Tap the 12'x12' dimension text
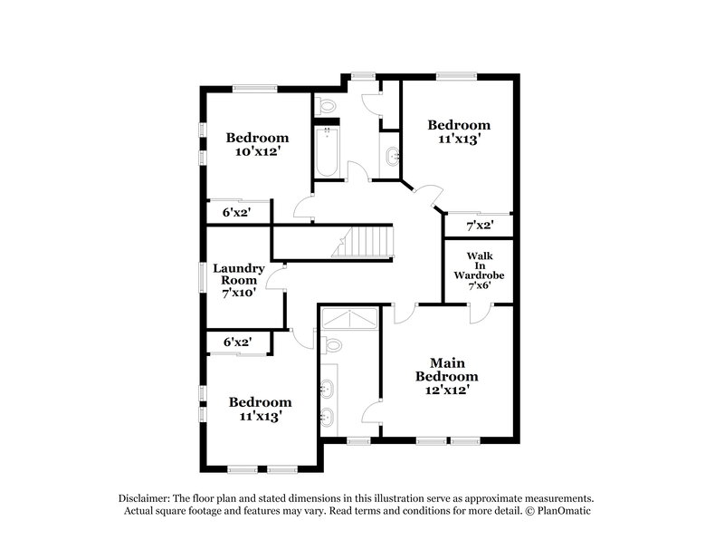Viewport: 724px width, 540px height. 446,390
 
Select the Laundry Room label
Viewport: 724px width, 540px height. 238,275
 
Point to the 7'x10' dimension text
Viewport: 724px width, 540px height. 238,293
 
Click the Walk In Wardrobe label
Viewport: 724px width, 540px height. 479,265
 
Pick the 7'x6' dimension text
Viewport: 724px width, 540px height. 479,286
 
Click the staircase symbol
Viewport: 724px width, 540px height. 367,242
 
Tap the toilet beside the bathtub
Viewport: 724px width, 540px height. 327,105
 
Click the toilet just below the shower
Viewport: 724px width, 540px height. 334,345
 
